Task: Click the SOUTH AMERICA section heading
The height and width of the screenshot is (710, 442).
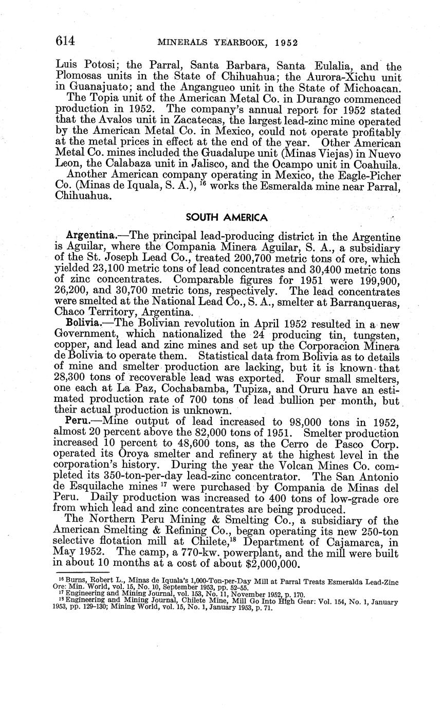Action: pyautogui.click(x=226, y=218)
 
